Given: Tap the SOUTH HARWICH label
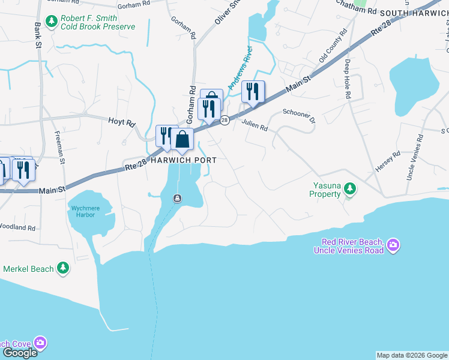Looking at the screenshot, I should click(414, 13).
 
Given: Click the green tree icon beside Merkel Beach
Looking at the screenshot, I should click(63, 268).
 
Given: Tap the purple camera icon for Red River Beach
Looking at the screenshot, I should click(393, 245).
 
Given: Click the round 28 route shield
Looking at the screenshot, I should click(224, 121).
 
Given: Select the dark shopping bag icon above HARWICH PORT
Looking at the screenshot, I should click(182, 140).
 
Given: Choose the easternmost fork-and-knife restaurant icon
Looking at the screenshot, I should click(253, 92).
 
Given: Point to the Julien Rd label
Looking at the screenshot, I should click(255, 124).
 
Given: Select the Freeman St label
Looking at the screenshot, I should click(61, 147).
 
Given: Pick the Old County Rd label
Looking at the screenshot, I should click(333, 46).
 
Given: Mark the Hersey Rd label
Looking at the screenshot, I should click(387, 162).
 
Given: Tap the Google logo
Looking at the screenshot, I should click(20, 352).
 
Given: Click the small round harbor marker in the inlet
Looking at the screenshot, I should click(177, 199).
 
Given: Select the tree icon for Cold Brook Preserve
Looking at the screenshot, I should click(52, 22).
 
